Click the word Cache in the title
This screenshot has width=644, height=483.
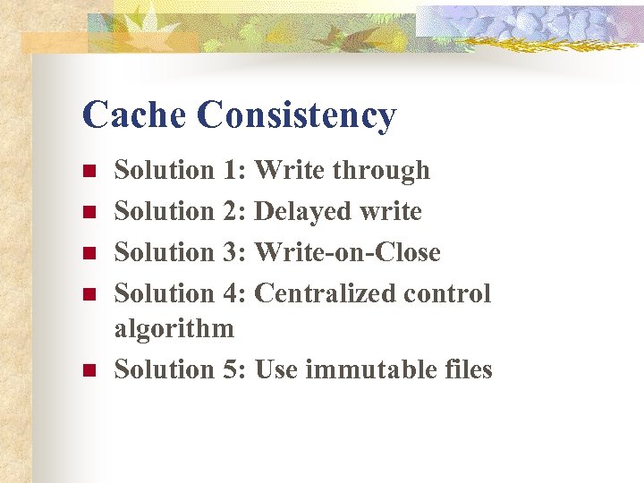point(133,115)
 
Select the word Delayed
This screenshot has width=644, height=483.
point(303,212)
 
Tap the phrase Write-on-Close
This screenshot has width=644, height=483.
point(348,252)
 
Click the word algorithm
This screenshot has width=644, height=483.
point(174,329)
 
